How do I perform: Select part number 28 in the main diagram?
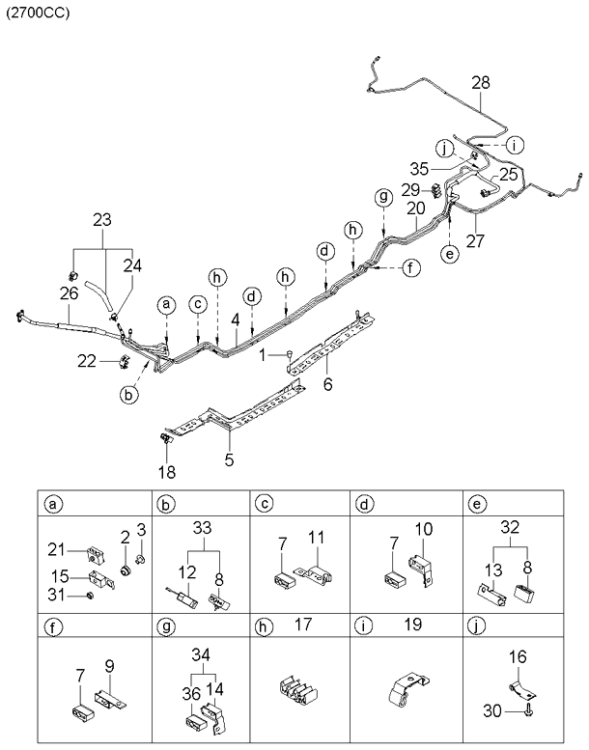(x=481, y=83)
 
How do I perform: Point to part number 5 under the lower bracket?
(x=229, y=459)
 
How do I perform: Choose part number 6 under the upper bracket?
(x=326, y=385)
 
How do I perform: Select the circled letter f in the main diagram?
(x=411, y=267)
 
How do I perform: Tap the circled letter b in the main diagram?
(x=127, y=393)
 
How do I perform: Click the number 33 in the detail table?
(x=201, y=529)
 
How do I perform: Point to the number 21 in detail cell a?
(x=57, y=549)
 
